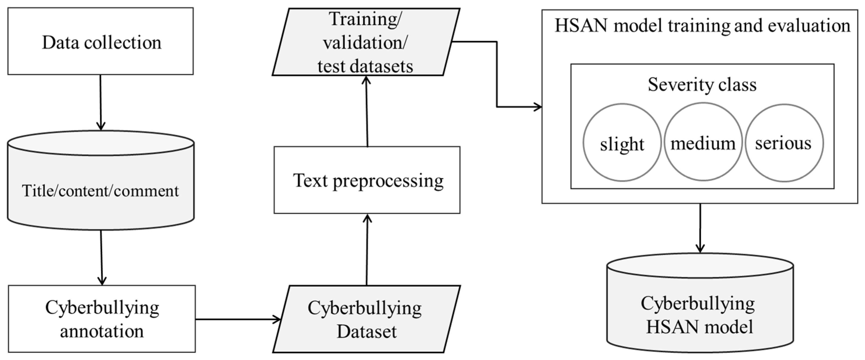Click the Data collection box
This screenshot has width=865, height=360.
[100, 41]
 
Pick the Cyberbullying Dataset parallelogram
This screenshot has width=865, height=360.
[366, 319]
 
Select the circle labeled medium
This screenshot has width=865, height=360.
[703, 142]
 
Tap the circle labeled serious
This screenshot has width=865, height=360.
[784, 142]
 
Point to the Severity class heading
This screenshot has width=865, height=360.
[702, 84]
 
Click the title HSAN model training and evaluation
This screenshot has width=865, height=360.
[702, 26]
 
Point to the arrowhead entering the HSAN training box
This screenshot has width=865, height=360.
[537, 107]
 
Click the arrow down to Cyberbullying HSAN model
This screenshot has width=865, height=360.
[700, 228]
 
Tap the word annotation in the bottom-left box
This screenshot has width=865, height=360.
[102, 331]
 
